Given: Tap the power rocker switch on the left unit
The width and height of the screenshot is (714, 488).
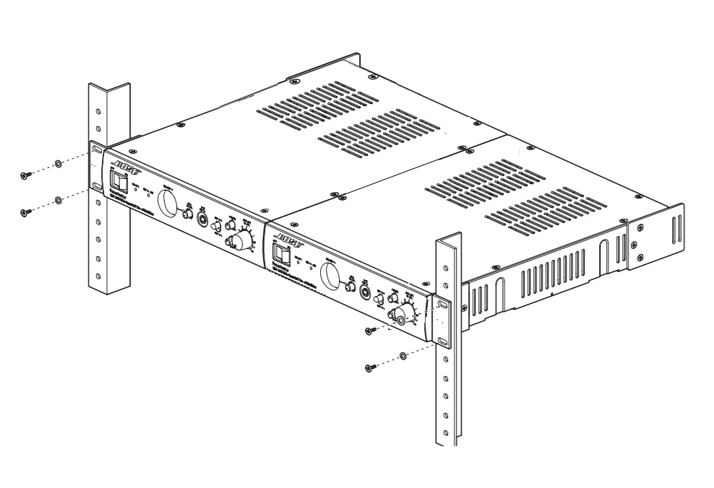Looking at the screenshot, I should tap(114, 181).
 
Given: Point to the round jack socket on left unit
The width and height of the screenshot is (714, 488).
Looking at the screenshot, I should tap(202, 217).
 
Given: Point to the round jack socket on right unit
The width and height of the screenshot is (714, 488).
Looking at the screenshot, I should tap(365, 293).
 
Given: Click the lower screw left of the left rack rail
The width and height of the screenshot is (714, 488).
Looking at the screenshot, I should tap(25, 212).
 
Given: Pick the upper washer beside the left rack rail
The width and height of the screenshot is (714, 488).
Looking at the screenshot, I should tap(59, 164).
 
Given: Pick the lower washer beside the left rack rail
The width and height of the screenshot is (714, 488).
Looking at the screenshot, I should tap(59, 199).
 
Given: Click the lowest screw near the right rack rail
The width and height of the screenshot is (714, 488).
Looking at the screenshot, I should tap(369, 367).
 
